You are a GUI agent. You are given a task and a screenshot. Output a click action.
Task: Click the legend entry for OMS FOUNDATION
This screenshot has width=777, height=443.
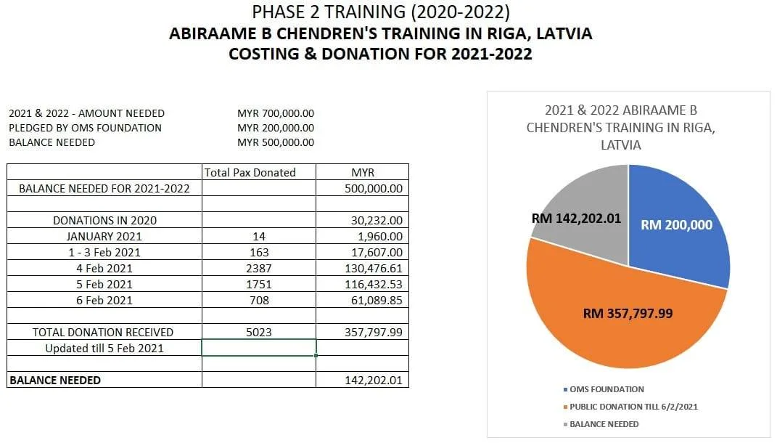click(x=606, y=389)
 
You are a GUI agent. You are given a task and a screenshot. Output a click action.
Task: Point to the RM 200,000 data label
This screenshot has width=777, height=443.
click(x=676, y=225)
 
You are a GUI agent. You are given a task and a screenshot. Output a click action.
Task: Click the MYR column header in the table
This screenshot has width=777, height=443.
click(x=362, y=172)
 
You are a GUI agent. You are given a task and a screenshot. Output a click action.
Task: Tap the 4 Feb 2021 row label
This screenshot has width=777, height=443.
click(x=104, y=268)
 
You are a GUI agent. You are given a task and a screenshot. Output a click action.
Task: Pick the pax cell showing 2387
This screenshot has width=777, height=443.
click(x=258, y=268)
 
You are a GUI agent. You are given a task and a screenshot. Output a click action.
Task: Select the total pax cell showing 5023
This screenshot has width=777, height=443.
click(x=258, y=332)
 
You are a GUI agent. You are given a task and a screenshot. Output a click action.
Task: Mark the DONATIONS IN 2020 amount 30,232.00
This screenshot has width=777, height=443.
click(x=376, y=220)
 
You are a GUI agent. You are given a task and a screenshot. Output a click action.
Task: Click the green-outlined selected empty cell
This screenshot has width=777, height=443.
click(x=258, y=348)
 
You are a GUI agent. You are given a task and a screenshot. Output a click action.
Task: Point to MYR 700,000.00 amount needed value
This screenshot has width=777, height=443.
click(x=276, y=113)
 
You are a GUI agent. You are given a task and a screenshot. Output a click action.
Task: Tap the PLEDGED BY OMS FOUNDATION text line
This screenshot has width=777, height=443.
click(x=85, y=128)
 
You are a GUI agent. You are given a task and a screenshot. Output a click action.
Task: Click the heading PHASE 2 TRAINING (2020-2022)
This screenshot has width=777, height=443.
click(x=381, y=12)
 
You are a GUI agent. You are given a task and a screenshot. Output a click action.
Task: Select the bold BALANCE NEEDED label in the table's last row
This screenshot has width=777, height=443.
click(x=54, y=380)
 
